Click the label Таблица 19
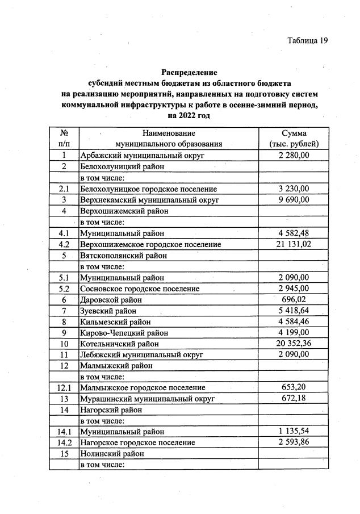click(x=308, y=41)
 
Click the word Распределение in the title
click(x=189, y=73)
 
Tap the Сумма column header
click(x=294, y=133)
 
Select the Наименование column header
click(x=168, y=133)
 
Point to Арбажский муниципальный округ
click(x=142, y=155)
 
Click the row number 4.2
click(x=64, y=244)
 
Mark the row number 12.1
click(x=64, y=388)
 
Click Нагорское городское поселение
click(x=137, y=442)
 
